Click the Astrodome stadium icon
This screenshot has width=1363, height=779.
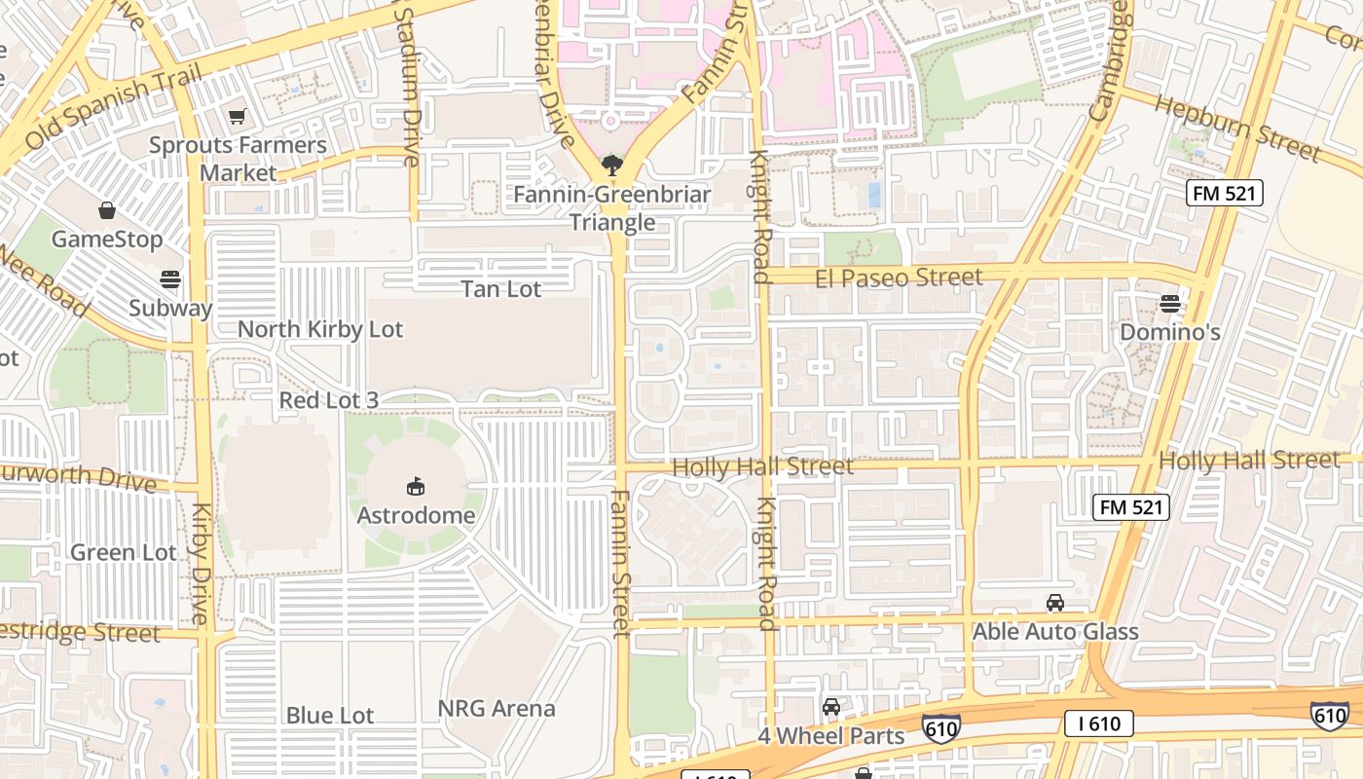pyautogui.click(x=416, y=485)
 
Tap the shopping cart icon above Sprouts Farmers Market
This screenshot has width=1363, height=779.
pyautogui.click(x=237, y=117)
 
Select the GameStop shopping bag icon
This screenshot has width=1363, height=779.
pyautogui.click(x=107, y=210)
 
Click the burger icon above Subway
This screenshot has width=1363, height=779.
pyautogui.click(x=170, y=279)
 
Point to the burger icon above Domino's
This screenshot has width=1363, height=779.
pyautogui.click(x=1169, y=304)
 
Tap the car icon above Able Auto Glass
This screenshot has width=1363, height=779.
pyautogui.click(x=1055, y=603)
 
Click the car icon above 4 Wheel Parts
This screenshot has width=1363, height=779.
pyautogui.click(x=830, y=707)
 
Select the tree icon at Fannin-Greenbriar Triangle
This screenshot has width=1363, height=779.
pyautogui.click(x=611, y=165)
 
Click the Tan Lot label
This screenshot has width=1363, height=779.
pyautogui.click(x=500, y=289)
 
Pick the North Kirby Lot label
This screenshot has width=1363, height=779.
pyautogui.click(x=320, y=329)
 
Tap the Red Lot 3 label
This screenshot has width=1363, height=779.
pyautogui.click(x=328, y=400)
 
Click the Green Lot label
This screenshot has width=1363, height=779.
pyautogui.click(x=124, y=552)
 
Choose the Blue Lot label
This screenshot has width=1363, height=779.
pyautogui.click(x=329, y=715)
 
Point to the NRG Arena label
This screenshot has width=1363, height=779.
pyautogui.click(x=497, y=708)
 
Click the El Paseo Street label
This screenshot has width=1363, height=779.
pyautogui.click(x=899, y=278)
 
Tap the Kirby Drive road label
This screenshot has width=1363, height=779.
pyautogui.click(x=201, y=565)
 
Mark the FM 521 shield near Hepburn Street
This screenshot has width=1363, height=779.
pyautogui.click(x=1225, y=193)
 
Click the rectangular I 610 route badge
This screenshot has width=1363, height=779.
pyautogui.click(x=1098, y=723)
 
